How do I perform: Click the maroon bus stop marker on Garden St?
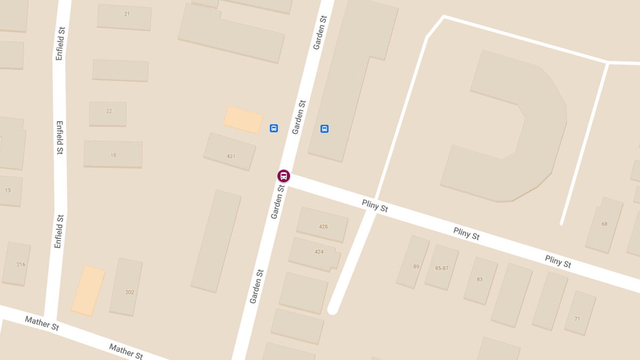coord(283,176)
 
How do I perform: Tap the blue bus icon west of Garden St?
coord(274,128)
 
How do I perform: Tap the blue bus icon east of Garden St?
coord(324,129)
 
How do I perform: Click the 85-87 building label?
coord(442,268)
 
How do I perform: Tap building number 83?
coord(479,279)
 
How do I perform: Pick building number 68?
coord(604,224)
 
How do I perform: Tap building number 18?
coord(113,155)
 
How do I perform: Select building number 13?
coord(7,190)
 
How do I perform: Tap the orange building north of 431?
coord(243,119)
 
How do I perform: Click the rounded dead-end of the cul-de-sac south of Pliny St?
coord(333,308)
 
